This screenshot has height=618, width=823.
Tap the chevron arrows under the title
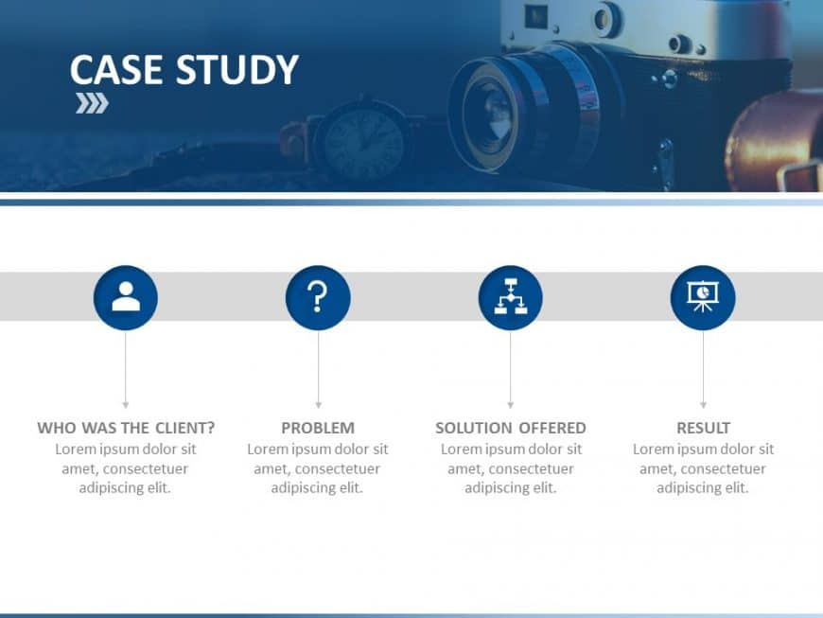coord(92,103)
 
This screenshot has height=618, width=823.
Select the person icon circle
coord(126,298)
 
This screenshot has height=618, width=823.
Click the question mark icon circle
coord(318,298)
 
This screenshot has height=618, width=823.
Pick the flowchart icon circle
coord(511,298)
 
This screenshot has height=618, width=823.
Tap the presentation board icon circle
coord(703,298)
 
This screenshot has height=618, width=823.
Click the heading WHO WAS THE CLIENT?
coord(126,428)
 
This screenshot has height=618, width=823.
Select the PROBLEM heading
coord(318,428)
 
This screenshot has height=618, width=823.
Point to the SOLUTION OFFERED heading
coord(511,428)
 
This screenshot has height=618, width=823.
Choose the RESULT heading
coord(703,428)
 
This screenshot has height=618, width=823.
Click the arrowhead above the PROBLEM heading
coord(318,404)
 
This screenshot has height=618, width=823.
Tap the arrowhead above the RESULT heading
coord(703,404)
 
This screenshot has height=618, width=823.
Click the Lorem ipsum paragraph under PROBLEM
coord(318,468)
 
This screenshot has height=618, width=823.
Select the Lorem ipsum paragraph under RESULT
coord(703,468)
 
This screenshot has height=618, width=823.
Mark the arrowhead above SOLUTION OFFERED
coord(511,404)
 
